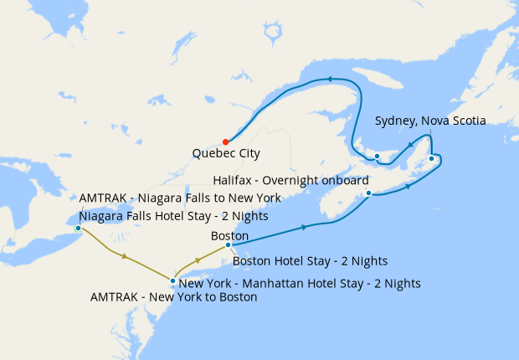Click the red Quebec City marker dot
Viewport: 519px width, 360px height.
pos(225,141)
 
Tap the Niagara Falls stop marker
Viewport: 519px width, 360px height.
pos(78,228)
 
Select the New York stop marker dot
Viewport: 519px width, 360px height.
pos(172,281)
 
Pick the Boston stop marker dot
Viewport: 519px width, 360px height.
pos(228,245)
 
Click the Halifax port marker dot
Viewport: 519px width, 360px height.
pos(368,193)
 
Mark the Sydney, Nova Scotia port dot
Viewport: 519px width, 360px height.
pos(431,158)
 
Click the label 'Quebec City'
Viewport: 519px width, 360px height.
pos(226,154)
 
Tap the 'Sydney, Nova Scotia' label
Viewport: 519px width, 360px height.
pos(430,121)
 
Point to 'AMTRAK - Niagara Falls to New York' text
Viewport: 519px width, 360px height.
pos(180,198)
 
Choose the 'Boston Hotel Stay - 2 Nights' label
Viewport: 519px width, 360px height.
pos(310,260)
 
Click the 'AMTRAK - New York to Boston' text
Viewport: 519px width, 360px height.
pos(173,296)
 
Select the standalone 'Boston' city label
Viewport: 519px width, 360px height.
pos(229,236)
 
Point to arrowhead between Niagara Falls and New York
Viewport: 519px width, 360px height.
pos(125,257)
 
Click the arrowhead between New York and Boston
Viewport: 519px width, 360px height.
pos(195,249)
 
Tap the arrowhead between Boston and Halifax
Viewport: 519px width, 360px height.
pos(303,227)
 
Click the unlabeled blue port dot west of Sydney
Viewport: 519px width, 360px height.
pos(377,157)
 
